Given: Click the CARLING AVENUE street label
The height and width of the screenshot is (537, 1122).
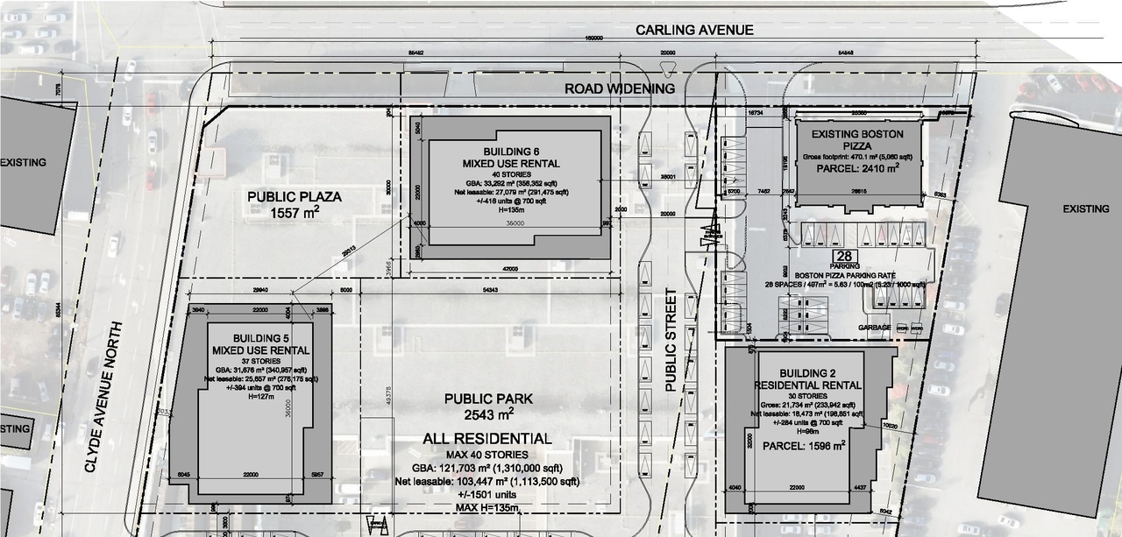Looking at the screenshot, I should (x=694, y=30).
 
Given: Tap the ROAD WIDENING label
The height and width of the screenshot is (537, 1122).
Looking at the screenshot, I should (x=620, y=88).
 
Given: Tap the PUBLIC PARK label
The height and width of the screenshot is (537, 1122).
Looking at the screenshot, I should (x=488, y=399).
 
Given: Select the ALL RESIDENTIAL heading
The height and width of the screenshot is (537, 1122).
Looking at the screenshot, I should (x=487, y=438).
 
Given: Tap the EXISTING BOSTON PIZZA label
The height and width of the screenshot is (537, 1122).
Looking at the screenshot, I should (x=859, y=139).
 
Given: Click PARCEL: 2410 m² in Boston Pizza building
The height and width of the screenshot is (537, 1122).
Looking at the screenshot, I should (x=859, y=168).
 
